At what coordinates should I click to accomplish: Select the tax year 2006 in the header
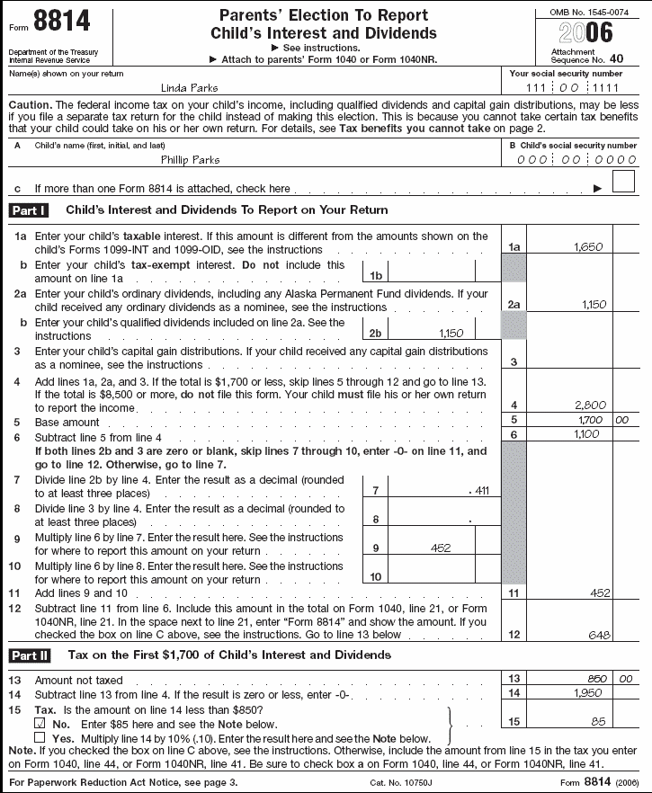(x=585, y=34)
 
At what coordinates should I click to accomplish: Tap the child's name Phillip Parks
(x=190, y=159)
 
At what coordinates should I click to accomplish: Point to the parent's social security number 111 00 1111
(x=576, y=87)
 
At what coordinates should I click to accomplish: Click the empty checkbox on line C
(x=622, y=183)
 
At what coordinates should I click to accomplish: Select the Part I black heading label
(x=29, y=210)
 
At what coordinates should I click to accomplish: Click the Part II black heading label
(x=29, y=655)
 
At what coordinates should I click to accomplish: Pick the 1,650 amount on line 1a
(x=586, y=246)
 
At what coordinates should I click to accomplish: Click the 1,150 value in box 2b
(x=451, y=333)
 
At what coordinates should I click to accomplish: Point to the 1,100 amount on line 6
(x=586, y=434)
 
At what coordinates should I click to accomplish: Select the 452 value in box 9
(x=440, y=548)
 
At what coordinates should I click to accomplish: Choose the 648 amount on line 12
(x=597, y=635)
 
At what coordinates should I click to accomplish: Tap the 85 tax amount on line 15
(x=597, y=721)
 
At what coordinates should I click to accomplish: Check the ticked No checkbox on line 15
(x=39, y=722)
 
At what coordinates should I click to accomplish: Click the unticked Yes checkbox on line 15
(x=39, y=737)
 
